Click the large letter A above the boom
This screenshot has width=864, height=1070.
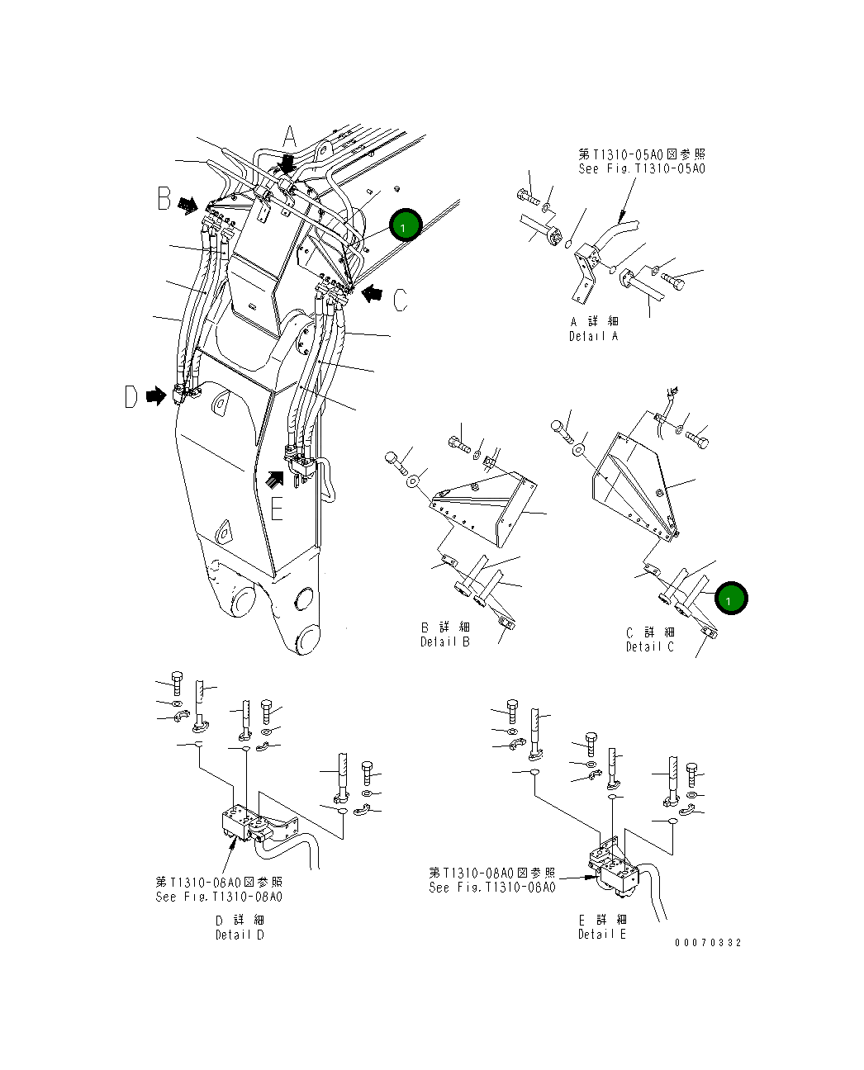pyautogui.click(x=289, y=137)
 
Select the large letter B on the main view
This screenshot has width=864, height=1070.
pyautogui.click(x=164, y=199)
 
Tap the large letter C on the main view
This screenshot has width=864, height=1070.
pyautogui.click(x=400, y=300)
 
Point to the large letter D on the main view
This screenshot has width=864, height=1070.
pyautogui.click(x=131, y=397)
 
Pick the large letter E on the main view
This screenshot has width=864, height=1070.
pyautogui.click(x=278, y=509)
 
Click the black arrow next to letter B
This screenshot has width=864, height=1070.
pyautogui.click(x=189, y=205)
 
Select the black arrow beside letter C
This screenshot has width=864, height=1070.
pyautogui.click(x=373, y=292)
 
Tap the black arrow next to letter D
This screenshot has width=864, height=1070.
pyautogui.click(x=154, y=397)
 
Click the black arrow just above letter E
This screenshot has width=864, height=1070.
pyautogui.click(x=276, y=478)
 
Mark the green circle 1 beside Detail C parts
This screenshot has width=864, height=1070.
pyautogui.click(x=730, y=599)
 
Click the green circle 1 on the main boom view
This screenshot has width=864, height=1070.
pyautogui.click(x=405, y=225)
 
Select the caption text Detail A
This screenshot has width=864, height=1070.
pyautogui.click(x=593, y=336)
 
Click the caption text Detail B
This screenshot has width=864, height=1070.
pyautogui.click(x=445, y=642)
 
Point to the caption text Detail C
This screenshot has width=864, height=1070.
pyautogui.click(x=649, y=646)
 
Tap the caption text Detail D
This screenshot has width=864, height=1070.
pyautogui.click(x=240, y=935)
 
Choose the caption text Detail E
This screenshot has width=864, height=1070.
pyautogui.click(x=601, y=934)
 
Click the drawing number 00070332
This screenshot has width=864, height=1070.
pyautogui.click(x=708, y=943)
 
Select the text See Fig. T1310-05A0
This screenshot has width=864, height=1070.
pyautogui.click(x=642, y=168)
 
